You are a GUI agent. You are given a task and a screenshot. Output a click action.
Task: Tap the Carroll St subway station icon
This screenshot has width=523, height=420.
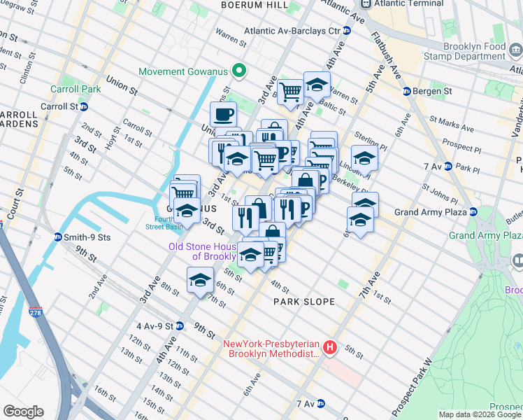click(84, 106)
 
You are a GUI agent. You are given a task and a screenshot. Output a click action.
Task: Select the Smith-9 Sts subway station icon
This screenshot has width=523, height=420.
click(58, 237)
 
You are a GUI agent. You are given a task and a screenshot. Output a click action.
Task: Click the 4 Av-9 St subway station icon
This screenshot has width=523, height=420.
click(180, 326)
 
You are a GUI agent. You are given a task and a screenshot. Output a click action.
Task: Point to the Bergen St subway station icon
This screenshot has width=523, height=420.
click(406, 92)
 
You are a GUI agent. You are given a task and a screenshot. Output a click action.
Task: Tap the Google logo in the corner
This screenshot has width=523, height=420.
click(23, 412)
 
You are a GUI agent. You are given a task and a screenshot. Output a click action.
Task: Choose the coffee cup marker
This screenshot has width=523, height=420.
click(223, 113)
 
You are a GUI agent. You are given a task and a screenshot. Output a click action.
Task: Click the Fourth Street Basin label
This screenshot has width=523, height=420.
click(164, 222)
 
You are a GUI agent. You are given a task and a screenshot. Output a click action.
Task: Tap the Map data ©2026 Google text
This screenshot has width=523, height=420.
click(480, 414)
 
